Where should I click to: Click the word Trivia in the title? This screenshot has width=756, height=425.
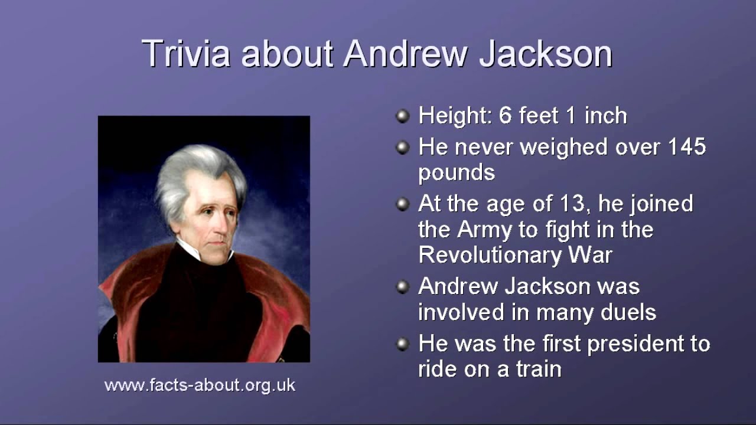pos(186,53)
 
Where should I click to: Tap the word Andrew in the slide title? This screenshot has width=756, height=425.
pos(406,53)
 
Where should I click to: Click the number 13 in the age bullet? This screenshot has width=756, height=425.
pos(572,204)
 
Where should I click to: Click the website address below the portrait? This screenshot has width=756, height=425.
pos(200,385)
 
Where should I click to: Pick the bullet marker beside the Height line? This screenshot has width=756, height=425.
pos(402,116)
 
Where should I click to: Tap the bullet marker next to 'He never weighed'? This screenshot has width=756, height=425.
pos(402,148)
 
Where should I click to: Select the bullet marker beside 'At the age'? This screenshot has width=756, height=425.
pos(402,204)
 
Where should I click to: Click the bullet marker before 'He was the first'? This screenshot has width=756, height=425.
pos(402,344)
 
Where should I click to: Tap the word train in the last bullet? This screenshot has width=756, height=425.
pos(539,369)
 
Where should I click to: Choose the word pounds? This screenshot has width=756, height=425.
pos(457,174)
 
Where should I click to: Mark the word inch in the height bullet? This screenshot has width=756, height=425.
pos(606,115)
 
